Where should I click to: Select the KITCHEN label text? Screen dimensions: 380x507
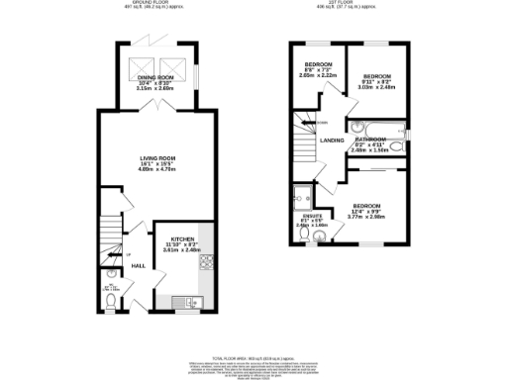[x=181, y=238]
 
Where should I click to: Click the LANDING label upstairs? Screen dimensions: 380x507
[x=332, y=140]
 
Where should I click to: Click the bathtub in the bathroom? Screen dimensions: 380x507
[x=372, y=126]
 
